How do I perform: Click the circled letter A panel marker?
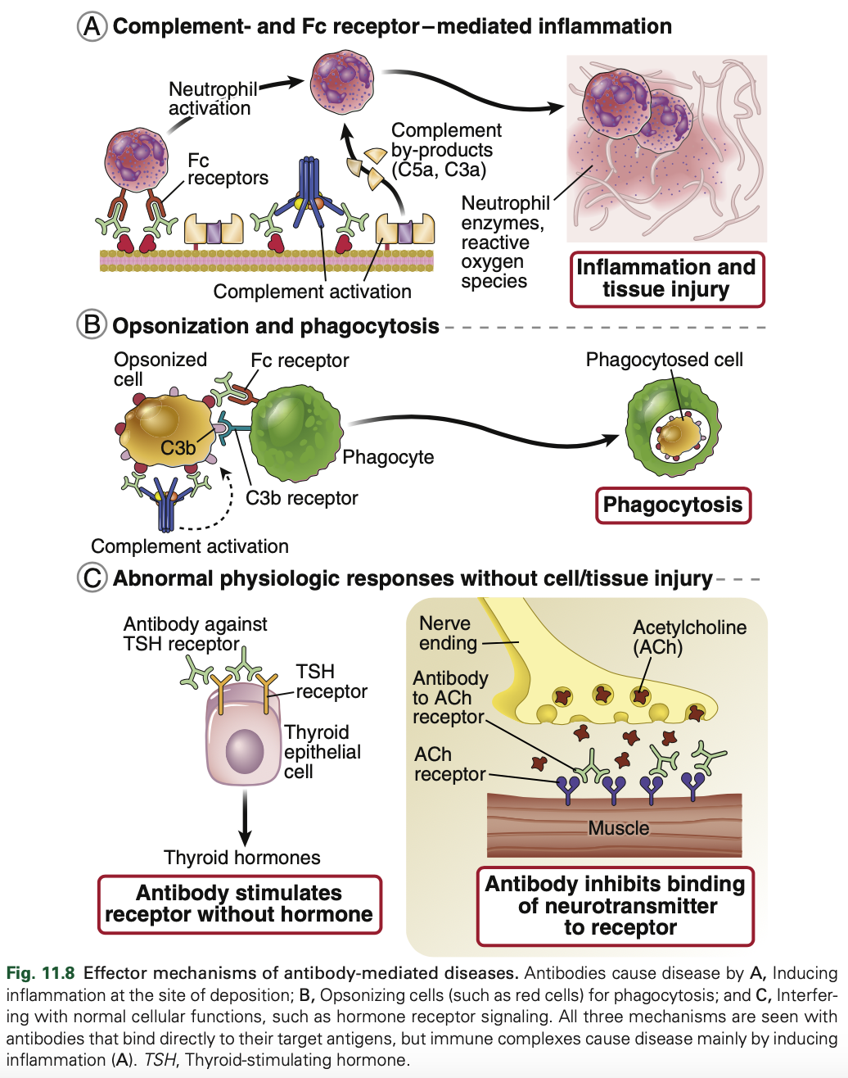[92, 26]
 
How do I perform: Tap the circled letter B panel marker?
[92, 325]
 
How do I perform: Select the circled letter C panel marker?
[92, 577]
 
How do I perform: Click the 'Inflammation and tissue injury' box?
[666, 279]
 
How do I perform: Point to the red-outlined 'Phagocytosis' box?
[672, 505]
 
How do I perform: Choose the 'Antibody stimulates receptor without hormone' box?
[239, 904]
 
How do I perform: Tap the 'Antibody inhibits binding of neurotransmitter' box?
[616, 906]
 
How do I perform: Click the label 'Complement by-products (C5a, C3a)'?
[445, 150]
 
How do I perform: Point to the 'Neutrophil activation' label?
[211, 98]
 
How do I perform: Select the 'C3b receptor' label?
[301, 498]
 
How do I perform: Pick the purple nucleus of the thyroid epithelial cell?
[245, 751]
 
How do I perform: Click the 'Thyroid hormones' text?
[241, 858]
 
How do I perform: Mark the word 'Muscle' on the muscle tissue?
[618, 828]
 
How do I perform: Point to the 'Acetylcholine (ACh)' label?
[689, 637]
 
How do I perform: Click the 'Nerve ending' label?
[447, 633]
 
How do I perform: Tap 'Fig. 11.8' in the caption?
[41, 973]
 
